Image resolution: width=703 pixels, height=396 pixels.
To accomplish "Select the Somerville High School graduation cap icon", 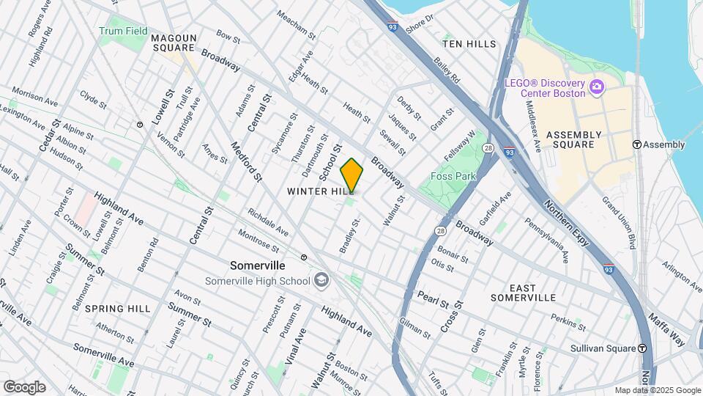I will [x=322, y=280].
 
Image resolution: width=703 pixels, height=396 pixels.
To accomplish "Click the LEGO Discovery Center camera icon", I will [x=596, y=88].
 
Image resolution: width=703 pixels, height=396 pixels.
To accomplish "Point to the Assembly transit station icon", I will [x=637, y=144].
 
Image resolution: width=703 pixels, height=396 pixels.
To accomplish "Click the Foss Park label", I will [x=453, y=176].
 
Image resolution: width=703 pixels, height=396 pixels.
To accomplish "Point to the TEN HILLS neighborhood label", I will [x=469, y=44].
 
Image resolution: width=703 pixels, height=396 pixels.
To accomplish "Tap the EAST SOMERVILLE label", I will [x=522, y=293].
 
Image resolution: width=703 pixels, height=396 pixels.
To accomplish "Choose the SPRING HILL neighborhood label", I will [x=117, y=309].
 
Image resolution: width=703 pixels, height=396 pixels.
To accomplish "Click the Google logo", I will [x=24, y=387].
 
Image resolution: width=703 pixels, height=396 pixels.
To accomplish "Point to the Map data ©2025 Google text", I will [x=657, y=390].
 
